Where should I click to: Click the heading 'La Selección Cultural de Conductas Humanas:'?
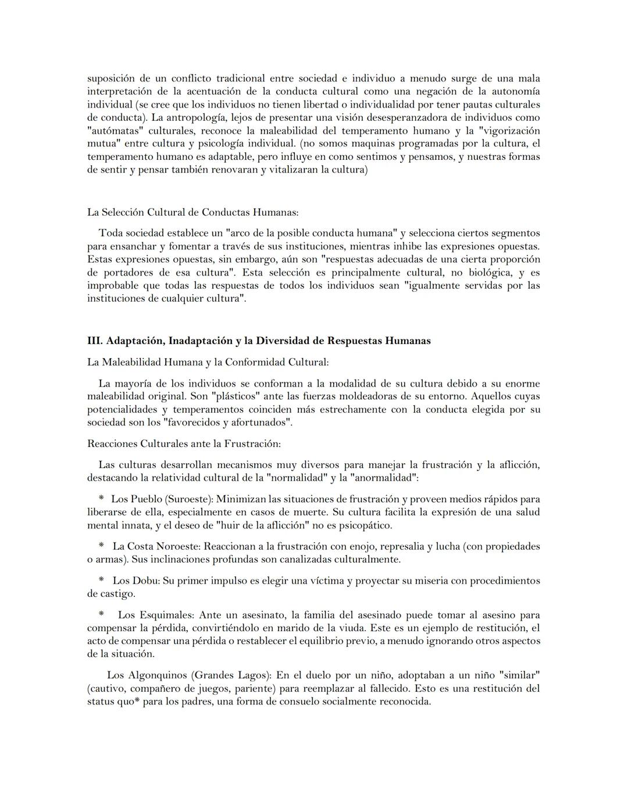click(192, 212)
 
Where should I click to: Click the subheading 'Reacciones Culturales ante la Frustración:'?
click(184, 443)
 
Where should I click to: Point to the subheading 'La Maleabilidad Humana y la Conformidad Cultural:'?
click(208, 362)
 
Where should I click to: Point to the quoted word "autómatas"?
click(115, 131)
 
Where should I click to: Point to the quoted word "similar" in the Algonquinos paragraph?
click(520, 675)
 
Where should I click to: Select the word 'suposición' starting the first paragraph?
click(111, 78)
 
